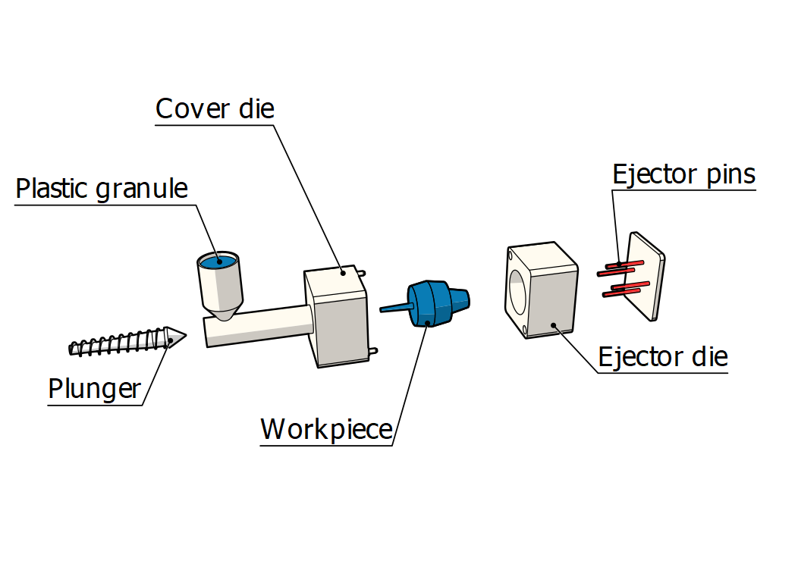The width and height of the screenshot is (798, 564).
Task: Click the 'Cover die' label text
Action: (x=214, y=108)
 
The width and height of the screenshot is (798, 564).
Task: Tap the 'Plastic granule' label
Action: (x=102, y=188)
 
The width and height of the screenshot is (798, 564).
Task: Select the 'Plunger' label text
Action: (x=94, y=388)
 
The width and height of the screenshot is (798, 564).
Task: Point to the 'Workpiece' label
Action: (x=326, y=429)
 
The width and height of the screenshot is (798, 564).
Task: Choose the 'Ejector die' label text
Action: (x=662, y=356)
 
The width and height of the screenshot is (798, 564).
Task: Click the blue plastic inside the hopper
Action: (x=218, y=262)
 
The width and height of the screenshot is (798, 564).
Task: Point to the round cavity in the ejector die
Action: (x=516, y=292)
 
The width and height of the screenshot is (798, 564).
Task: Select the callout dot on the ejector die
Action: (x=555, y=326)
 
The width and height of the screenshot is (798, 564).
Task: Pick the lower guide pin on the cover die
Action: (x=372, y=349)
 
